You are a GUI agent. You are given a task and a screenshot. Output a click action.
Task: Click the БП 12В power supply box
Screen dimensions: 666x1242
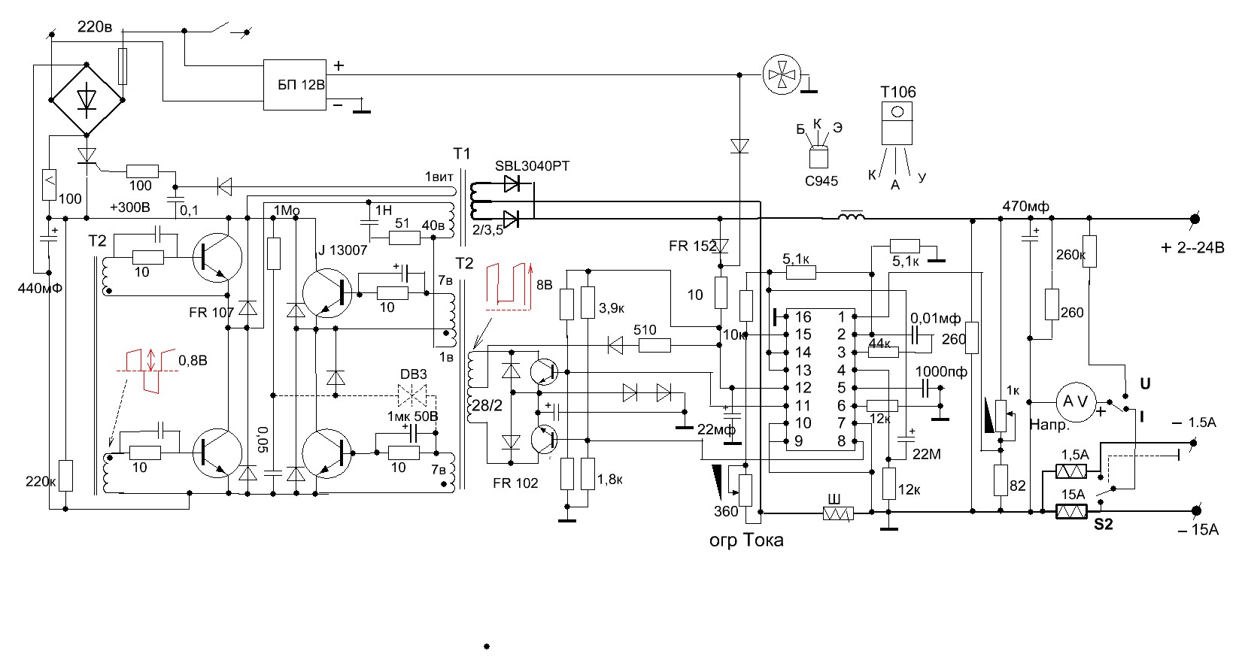294,85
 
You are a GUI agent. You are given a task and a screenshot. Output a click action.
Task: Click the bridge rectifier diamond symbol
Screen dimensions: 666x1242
87,99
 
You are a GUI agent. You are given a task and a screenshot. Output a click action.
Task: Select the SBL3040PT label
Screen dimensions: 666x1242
532,166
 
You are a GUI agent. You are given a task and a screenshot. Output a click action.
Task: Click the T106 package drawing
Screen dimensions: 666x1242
897,123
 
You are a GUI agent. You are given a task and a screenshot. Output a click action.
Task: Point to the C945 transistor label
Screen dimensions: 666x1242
821,180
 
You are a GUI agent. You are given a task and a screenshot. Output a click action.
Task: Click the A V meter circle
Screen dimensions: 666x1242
1074,401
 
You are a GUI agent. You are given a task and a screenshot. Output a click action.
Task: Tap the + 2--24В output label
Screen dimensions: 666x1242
1192,247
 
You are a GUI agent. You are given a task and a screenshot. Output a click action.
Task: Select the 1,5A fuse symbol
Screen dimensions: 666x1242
1072,471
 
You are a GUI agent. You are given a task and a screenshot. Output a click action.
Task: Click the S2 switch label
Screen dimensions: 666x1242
1103,525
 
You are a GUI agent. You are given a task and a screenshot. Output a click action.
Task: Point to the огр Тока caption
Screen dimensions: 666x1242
746,540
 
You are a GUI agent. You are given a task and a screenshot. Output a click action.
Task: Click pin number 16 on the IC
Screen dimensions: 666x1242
803,316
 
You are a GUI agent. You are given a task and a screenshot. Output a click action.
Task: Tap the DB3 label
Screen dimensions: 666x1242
413,374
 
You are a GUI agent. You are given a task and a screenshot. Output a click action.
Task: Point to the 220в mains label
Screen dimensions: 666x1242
95,28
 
